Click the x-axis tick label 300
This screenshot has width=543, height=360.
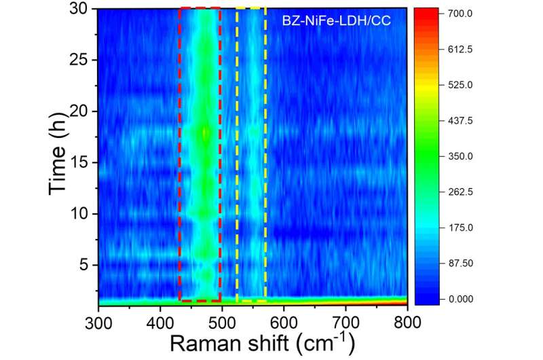[x=98, y=321]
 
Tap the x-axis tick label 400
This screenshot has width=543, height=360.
[x=160, y=321]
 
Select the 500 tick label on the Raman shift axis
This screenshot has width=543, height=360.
[x=222, y=321]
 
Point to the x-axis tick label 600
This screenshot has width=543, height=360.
[x=284, y=321]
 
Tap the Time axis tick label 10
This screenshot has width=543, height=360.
[x=81, y=213]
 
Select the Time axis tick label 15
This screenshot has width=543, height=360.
[x=81, y=162]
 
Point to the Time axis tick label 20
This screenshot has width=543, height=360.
[x=81, y=111]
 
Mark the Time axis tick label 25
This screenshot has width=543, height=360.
[x=81, y=60]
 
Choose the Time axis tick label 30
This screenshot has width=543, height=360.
[x=81, y=9]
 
